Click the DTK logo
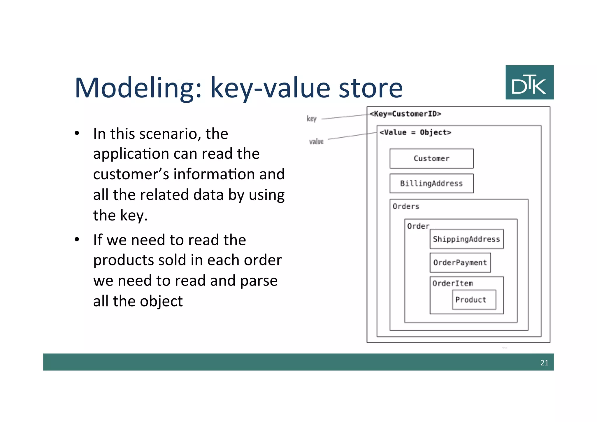tap(529, 83)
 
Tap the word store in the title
tap(371, 88)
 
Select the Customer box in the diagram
tap(431, 159)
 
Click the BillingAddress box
tap(431, 183)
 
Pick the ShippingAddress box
tap(466, 239)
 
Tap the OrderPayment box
tap(460, 263)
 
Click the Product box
tap(474, 300)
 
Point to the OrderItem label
tap(453, 283)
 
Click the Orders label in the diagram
tap(406, 206)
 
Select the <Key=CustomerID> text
tap(405, 114)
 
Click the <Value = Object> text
tap(415, 132)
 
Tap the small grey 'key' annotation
tap(311, 119)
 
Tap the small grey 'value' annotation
tap(316, 142)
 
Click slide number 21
tap(544, 363)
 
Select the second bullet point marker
tap(77, 240)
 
